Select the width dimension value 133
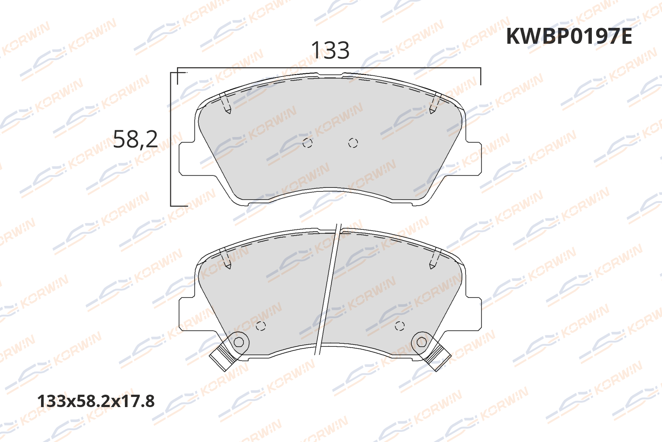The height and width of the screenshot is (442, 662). point(330,50)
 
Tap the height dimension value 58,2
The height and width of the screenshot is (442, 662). point(135,139)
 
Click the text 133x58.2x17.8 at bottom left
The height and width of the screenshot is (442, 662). point(96,401)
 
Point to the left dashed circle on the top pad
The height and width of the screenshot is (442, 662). point(308,143)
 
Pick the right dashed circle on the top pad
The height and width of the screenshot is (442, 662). point(353,143)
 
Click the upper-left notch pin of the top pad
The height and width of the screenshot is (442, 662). point(227,104)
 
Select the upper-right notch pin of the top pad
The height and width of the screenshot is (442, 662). point(433,104)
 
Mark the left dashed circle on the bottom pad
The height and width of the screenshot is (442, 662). point(261,326)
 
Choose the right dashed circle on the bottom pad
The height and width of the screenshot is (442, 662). point(399,326)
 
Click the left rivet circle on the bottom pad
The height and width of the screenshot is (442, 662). point(239,342)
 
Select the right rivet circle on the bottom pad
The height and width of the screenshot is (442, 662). point(421,342)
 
